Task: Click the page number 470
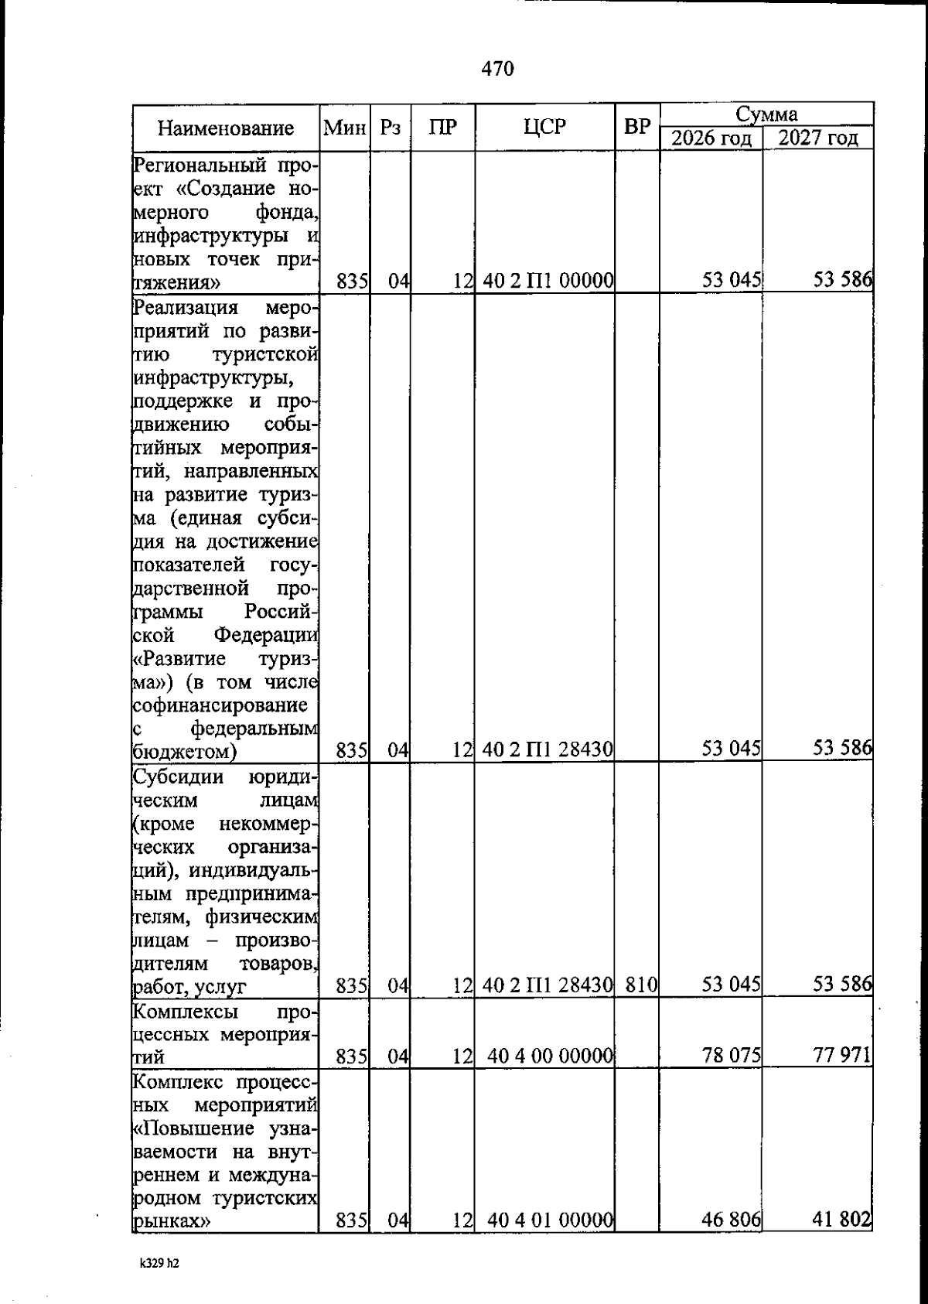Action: pyautogui.click(x=497, y=69)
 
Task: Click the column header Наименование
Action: pyautogui.click(x=226, y=128)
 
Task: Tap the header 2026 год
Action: pyautogui.click(x=711, y=139)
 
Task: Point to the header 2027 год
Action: pyautogui.click(x=817, y=139)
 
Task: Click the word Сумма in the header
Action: pyautogui.click(x=766, y=115)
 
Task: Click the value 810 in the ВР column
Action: pyautogui.click(x=641, y=985)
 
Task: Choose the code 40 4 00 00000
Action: pyautogui.click(x=551, y=1056)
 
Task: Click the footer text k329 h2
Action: pyautogui.click(x=159, y=1264)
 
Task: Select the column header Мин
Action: pyautogui.click(x=344, y=128)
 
